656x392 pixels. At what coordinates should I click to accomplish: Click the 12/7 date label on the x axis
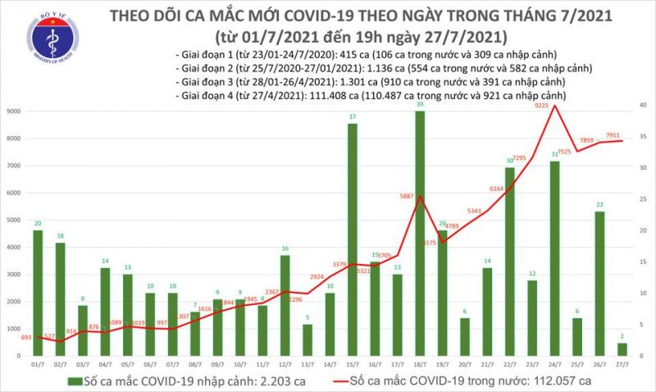285,364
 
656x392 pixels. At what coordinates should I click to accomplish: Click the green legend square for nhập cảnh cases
75,380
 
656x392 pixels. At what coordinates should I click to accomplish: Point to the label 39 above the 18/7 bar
420,106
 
